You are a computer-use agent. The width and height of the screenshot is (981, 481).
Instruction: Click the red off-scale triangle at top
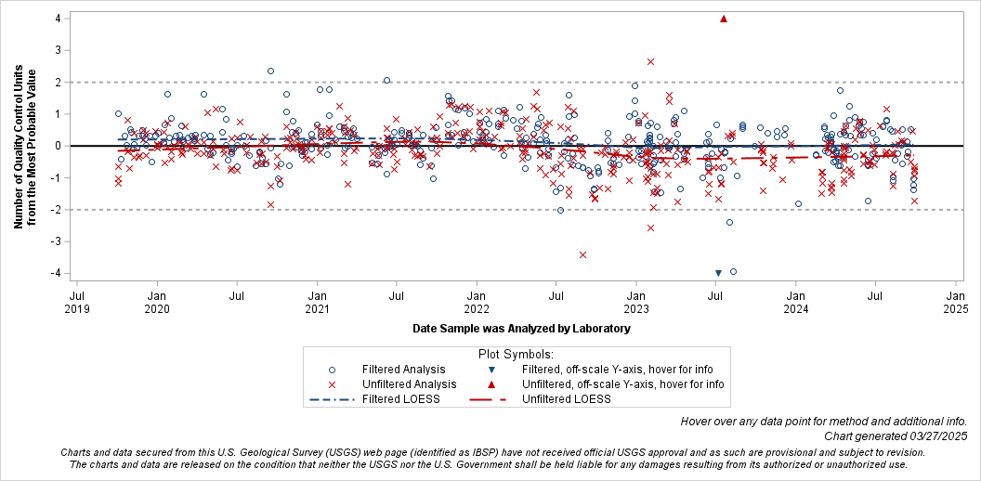coord(724,19)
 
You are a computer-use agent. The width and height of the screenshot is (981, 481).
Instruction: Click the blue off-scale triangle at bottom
coord(718,273)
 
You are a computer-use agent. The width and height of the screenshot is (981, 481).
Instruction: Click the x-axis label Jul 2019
coord(77,302)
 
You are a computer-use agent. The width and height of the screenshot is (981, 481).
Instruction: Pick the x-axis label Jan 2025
coord(955,302)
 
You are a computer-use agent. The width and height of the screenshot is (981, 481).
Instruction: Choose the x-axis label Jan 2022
coord(477,302)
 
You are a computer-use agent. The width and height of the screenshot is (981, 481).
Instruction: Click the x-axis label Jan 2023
coord(636,302)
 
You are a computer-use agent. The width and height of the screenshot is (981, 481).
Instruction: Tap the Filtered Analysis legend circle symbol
coord(332,369)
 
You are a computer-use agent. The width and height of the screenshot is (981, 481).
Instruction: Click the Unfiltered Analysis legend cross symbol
coord(332,383)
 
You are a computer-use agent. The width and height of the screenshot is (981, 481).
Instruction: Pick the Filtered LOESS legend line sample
coord(332,399)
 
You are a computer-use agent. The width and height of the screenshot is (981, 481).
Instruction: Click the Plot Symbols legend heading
coord(516,354)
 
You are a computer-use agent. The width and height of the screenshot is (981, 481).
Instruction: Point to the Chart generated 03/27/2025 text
coord(896,435)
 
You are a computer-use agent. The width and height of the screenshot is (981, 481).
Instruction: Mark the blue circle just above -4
coord(733,271)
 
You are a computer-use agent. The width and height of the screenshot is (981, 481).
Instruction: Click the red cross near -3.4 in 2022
coord(582,254)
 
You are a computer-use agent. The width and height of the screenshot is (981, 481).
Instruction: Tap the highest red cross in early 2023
coord(650,61)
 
